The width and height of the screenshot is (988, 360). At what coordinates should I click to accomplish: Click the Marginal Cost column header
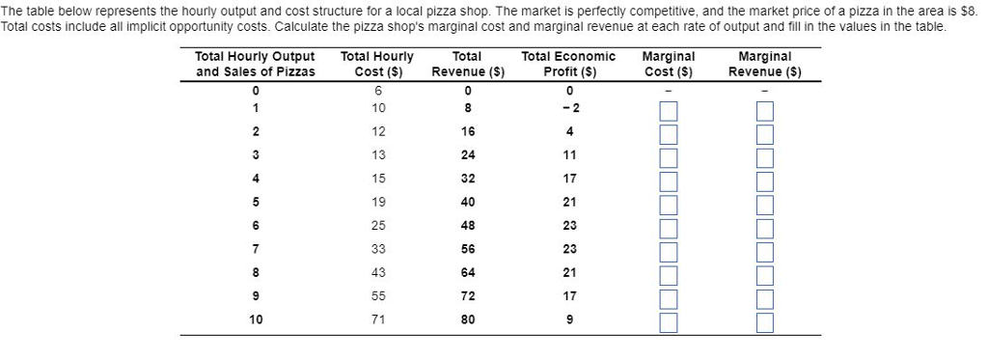click(x=669, y=64)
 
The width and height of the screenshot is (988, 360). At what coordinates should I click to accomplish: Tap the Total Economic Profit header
click(x=568, y=64)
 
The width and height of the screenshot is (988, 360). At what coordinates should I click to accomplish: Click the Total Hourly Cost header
click(x=377, y=64)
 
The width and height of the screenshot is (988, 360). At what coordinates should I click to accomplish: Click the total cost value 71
click(x=377, y=318)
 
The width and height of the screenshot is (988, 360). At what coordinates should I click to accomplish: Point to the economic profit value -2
click(x=568, y=106)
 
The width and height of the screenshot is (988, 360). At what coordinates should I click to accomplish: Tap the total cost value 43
click(x=377, y=271)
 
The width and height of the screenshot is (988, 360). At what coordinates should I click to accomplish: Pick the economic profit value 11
click(x=568, y=153)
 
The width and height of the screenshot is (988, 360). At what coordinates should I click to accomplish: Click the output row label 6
click(x=255, y=224)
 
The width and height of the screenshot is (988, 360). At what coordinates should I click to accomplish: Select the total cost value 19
click(x=377, y=201)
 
